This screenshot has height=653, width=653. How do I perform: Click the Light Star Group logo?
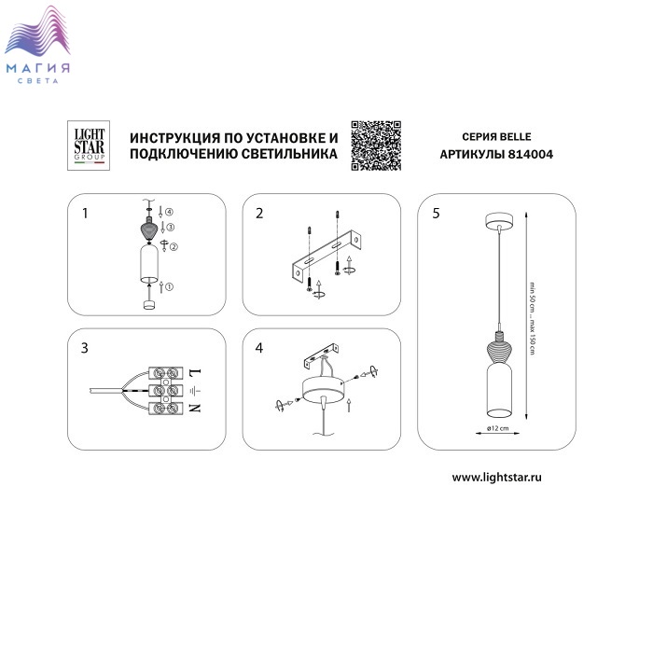(x=89, y=146)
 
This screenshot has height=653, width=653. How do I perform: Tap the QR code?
(x=376, y=146)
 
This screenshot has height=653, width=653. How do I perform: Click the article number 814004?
(x=531, y=155)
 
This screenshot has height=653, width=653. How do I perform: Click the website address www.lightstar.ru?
(x=497, y=478)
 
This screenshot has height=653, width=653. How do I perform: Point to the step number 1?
(x=85, y=214)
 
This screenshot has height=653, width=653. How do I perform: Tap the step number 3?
(x=85, y=348)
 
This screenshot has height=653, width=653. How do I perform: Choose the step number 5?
(x=436, y=214)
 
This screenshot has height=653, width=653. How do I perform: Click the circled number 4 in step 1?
(x=169, y=212)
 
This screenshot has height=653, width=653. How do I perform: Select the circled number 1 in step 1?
(x=169, y=287)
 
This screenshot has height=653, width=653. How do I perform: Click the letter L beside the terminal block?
(x=195, y=372)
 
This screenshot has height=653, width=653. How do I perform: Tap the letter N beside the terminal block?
(x=195, y=408)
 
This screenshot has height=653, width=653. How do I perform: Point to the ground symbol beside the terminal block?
(x=195, y=390)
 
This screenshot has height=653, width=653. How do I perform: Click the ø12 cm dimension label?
(x=497, y=428)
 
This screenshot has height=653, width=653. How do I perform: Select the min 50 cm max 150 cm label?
(x=532, y=319)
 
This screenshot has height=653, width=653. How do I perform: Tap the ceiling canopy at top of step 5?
(x=499, y=220)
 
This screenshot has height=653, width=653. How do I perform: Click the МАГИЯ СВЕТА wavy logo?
(x=37, y=44)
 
